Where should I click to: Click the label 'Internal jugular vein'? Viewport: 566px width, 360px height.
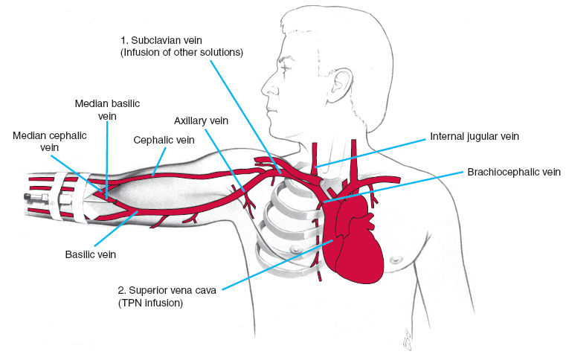click(x=474, y=138)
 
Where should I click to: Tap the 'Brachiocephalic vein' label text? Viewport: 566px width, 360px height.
click(x=513, y=172)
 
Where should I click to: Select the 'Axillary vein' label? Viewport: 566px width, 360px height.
click(x=201, y=120)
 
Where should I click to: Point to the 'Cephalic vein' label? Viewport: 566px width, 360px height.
click(x=163, y=139)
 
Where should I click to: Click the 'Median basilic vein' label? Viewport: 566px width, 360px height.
click(x=107, y=109)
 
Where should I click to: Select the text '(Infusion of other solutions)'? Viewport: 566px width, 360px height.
click(x=181, y=52)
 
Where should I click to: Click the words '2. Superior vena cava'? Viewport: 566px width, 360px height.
click(x=167, y=291)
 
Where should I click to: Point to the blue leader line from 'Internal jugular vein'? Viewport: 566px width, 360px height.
click(x=372, y=150)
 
